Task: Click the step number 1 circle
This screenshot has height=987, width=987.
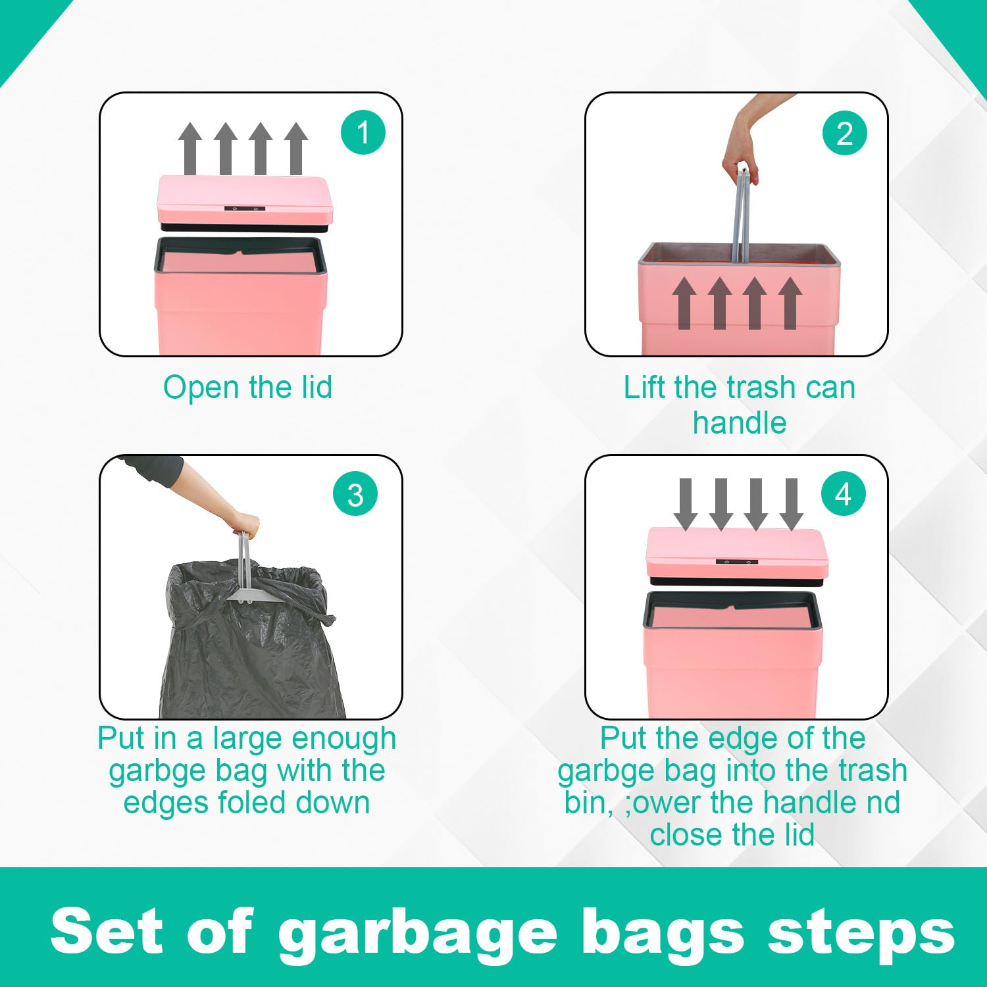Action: tap(363, 132)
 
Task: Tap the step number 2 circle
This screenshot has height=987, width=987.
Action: tap(844, 133)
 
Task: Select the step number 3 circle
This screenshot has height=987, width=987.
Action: tap(355, 495)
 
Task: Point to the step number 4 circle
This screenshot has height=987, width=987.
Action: tap(844, 493)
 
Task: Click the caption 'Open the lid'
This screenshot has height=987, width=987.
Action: tap(247, 387)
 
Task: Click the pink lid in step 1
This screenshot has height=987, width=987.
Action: tap(245, 199)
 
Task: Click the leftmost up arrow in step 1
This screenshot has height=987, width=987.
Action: tap(190, 148)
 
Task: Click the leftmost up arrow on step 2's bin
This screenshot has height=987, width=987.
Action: tap(684, 303)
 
